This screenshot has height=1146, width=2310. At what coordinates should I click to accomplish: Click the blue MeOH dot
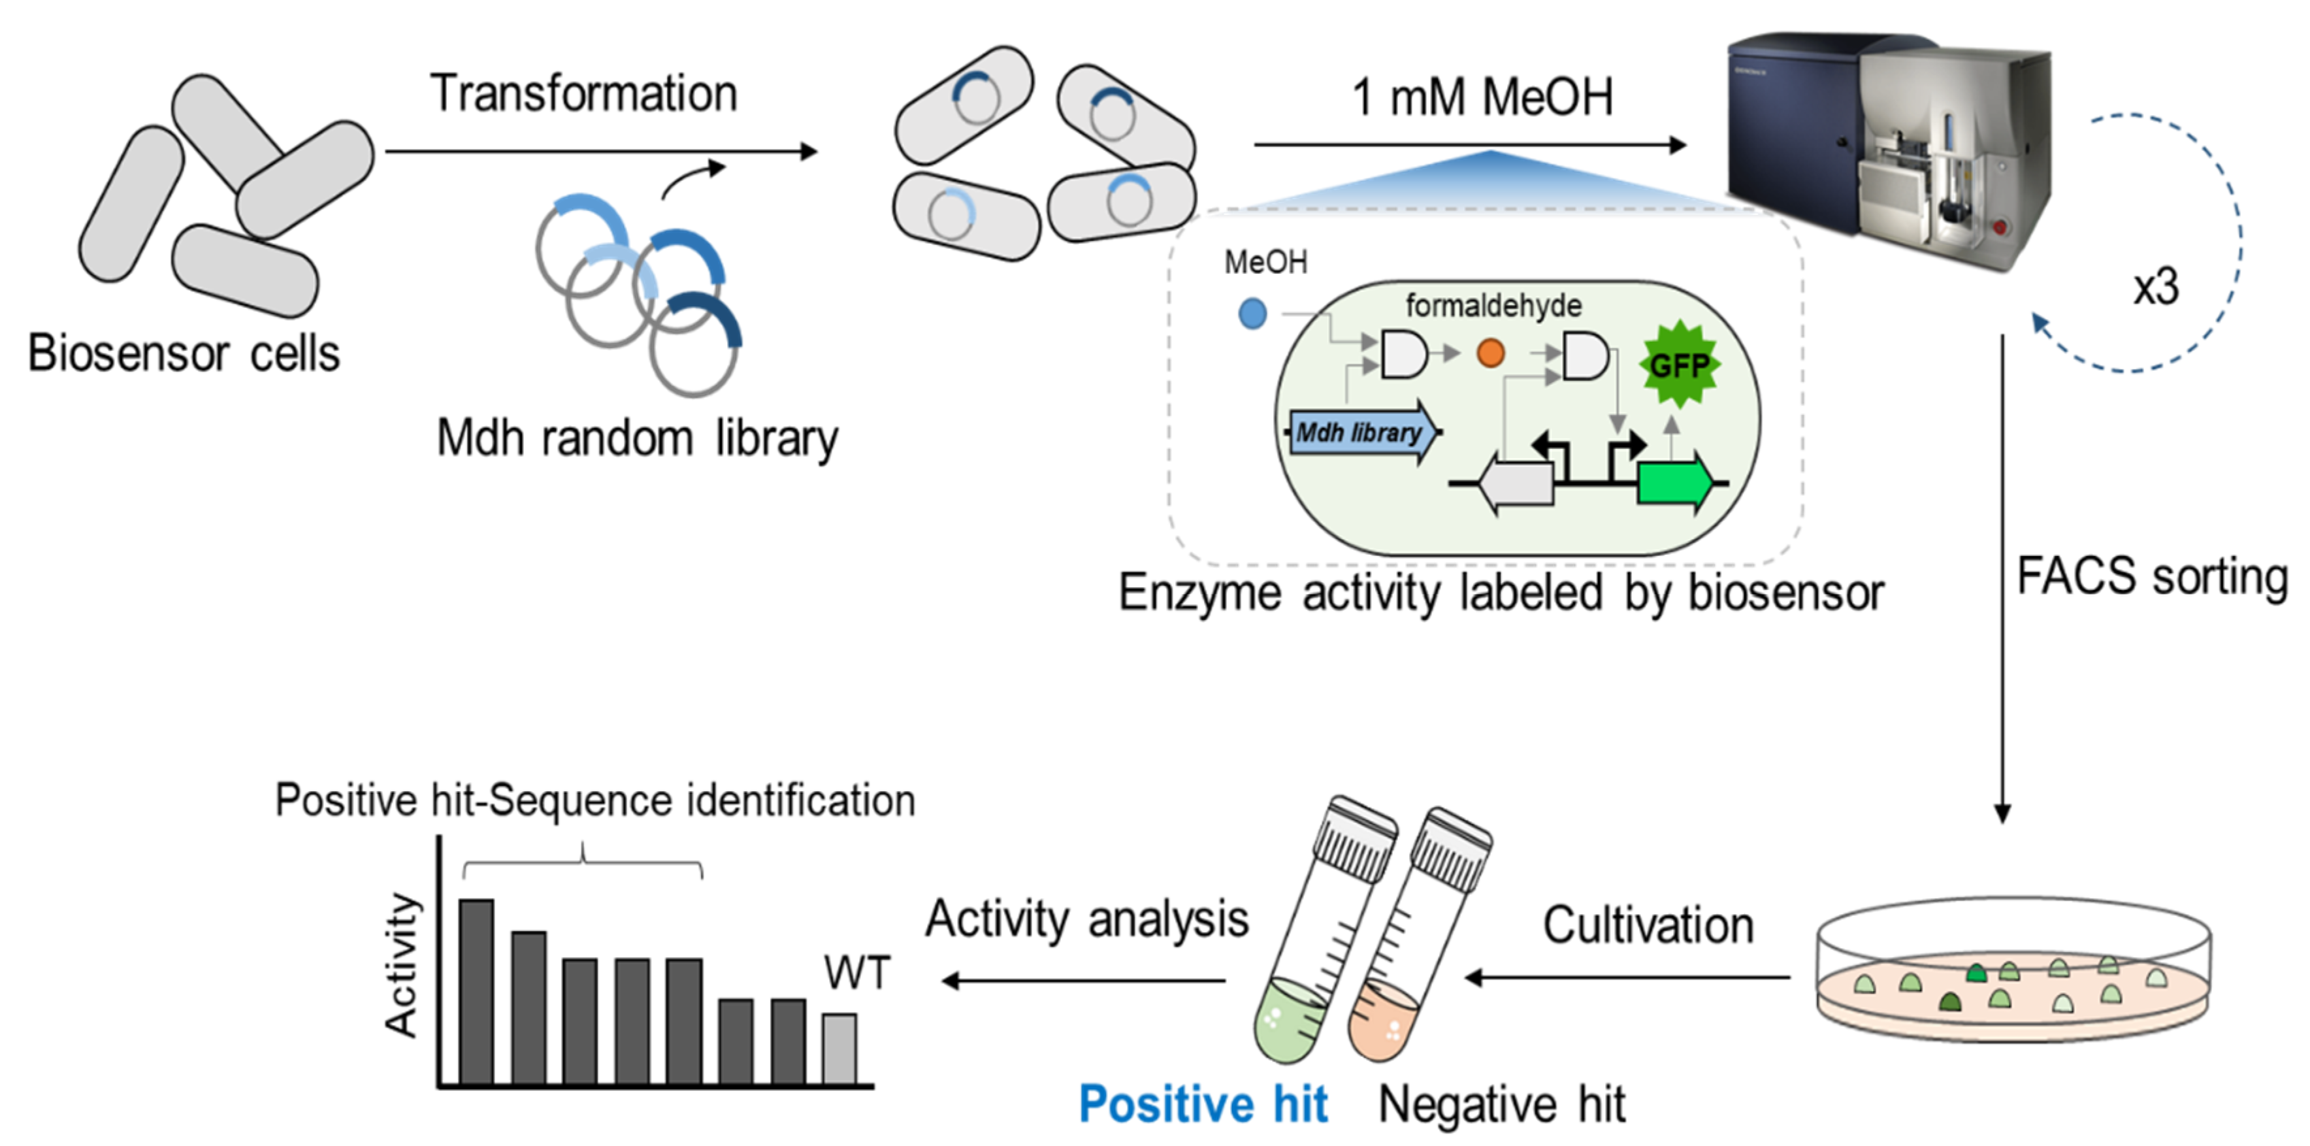pos(1253,313)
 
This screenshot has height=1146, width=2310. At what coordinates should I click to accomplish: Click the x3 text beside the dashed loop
pos(2156,287)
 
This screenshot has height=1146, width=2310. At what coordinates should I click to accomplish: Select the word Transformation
pos(584,93)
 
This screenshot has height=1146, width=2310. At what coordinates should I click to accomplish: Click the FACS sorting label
pos(2152,576)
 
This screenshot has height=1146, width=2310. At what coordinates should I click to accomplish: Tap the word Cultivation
pos(1648,925)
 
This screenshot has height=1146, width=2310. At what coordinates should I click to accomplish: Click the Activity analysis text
pos(1087,919)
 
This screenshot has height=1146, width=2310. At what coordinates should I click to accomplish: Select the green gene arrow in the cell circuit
pos(1673,484)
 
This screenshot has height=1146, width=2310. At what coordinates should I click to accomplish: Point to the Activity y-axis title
pos(401,965)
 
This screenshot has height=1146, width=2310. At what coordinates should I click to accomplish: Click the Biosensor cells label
pos(184,352)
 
